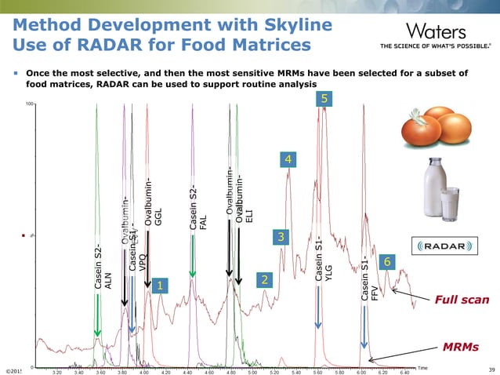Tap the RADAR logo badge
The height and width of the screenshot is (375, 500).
coord(445,246)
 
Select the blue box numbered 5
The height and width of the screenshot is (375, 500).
coord(326,98)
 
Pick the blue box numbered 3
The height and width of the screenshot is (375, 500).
coord(281,236)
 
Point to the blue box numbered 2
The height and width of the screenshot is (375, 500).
coord(265,280)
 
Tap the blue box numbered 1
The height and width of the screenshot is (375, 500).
coord(159,286)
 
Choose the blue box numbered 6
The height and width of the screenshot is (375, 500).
coord(386,261)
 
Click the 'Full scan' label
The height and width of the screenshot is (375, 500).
coord(462,300)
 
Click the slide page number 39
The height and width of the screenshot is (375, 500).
coord(491,370)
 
